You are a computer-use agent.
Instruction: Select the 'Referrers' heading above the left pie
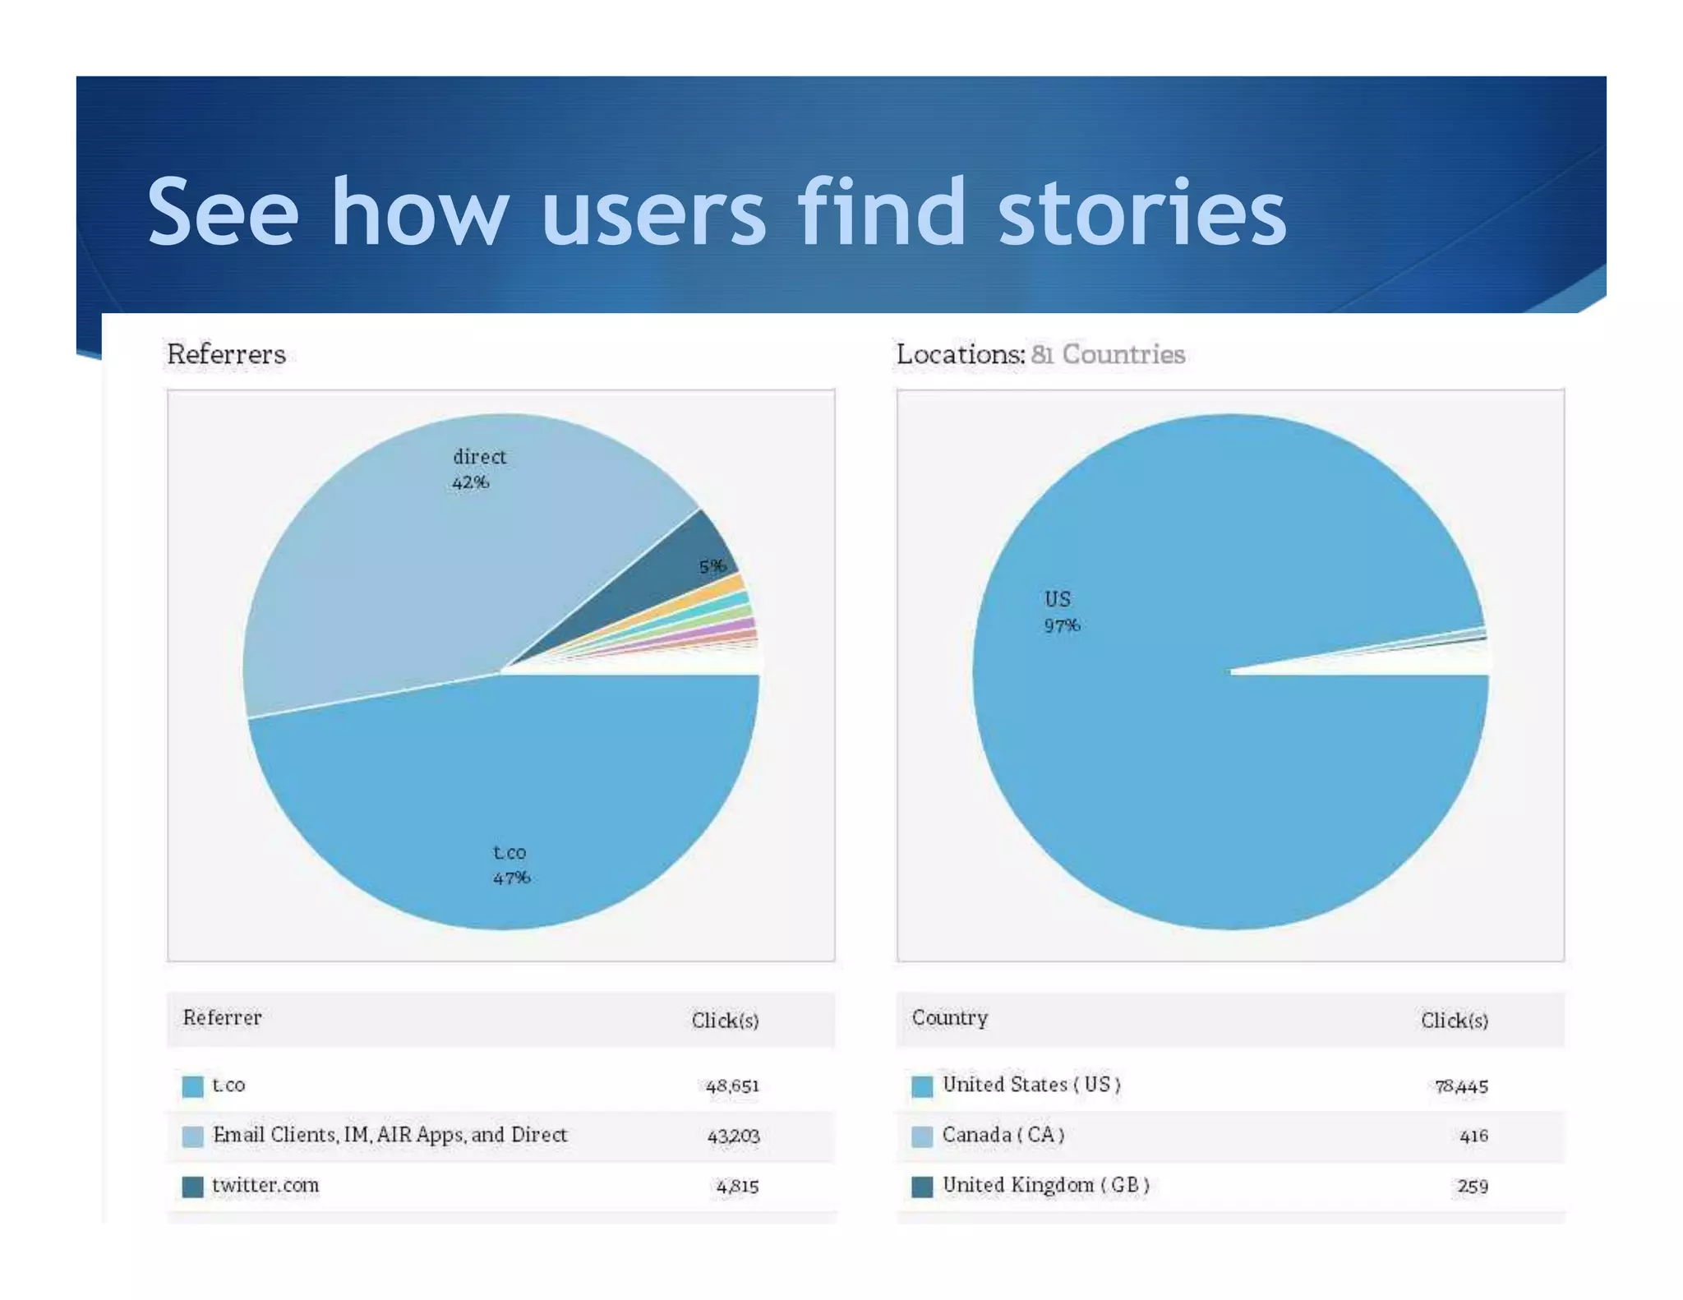[x=226, y=354]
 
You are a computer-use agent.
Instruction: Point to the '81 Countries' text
[x=1107, y=354]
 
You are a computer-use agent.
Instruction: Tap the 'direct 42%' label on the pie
[x=478, y=469]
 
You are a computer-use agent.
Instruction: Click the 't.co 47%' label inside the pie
[x=510, y=864]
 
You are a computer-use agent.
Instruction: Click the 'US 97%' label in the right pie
[x=1061, y=612]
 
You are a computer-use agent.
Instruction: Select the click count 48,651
[x=731, y=1086]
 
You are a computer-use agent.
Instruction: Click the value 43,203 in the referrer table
[x=733, y=1136]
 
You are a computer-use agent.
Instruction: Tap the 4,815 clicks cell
[x=736, y=1186]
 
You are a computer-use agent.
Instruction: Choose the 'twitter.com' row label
[x=265, y=1185]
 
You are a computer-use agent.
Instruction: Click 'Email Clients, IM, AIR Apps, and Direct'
[x=390, y=1135]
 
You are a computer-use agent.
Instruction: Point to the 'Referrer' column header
[x=222, y=1017]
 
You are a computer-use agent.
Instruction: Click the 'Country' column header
[x=949, y=1017]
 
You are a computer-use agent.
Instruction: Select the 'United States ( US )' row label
[x=1031, y=1085]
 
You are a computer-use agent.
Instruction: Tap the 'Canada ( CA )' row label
[x=1003, y=1135]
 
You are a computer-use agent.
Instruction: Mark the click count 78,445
[x=1460, y=1086]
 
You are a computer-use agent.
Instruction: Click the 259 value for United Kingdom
[x=1472, y=1186]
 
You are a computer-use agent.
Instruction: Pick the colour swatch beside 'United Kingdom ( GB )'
[x=922, y=1187]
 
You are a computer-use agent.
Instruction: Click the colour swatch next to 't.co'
[x=192, y=1086]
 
